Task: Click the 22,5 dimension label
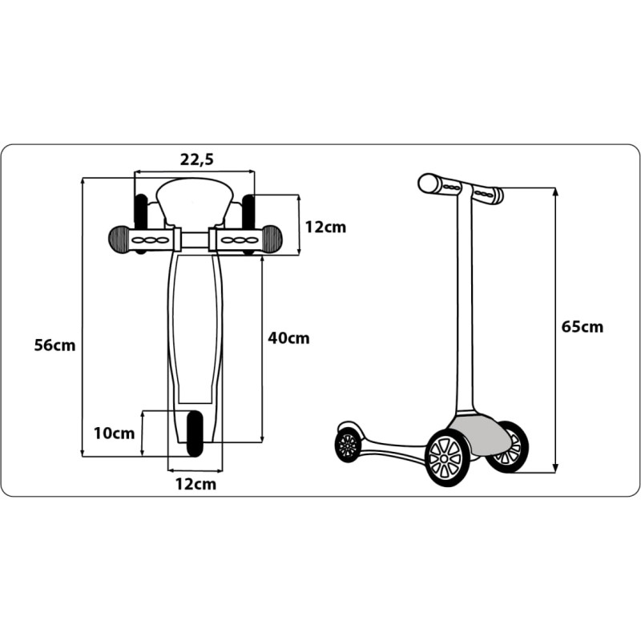pos(196,159)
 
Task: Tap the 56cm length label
pos(54,345)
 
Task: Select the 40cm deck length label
pos(288,338)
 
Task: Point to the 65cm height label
pos(583,327)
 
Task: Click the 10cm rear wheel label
pos(114,433)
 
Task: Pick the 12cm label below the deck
pos(196,484)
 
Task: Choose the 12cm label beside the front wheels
pos(325,227)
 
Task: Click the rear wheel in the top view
pos(195,433)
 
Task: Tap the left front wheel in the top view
pos(141,223)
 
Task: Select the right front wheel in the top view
pos(248,223)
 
